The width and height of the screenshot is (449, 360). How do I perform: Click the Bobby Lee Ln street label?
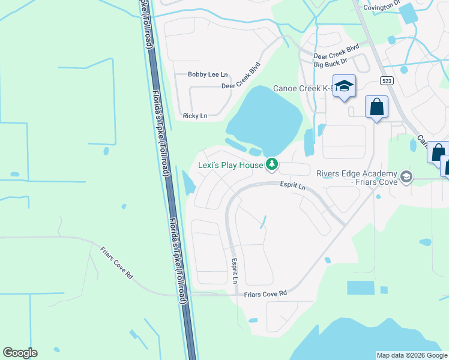click(208, 75)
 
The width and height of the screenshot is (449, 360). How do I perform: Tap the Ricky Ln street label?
click(195, 116)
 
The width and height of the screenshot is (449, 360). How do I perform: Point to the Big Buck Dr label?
click(331, 61)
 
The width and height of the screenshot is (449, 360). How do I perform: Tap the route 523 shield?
click(386, 80)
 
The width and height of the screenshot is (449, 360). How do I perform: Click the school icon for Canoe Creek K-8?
click(344, 86)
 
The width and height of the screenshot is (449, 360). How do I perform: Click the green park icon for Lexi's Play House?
click(272, 164)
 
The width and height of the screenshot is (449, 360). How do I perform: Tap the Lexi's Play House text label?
click(231, 165)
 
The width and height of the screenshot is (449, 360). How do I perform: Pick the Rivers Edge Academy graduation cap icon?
click(407, 176)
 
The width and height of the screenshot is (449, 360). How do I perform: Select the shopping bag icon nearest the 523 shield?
click(376, 107)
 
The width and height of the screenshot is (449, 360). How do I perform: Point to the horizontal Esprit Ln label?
click(293, 187)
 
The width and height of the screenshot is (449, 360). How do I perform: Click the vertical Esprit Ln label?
click(235, 271)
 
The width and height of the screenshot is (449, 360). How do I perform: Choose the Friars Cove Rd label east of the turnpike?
click(266, 293)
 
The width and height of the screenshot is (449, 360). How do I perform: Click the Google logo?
click(20, 353)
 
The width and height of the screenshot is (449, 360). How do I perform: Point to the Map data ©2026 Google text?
click(412, 355)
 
